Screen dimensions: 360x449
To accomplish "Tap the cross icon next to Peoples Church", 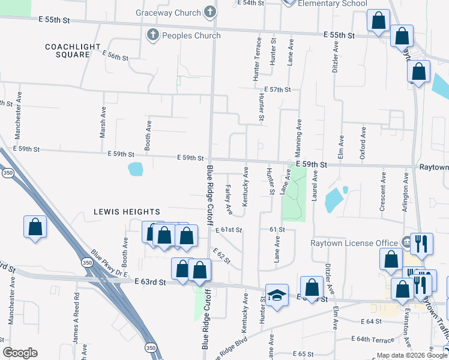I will point(151,35).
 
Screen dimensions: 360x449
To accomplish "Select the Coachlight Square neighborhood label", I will point(68,50).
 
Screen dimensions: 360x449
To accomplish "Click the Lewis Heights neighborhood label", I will point(127,212).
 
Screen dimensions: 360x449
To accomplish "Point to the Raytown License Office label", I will point(354,243).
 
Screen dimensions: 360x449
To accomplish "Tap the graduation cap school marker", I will point(276,295).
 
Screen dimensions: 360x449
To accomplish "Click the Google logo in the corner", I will point(20,353).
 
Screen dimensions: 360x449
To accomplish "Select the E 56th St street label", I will point(116,56).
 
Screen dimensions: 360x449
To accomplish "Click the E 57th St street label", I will point(277,89).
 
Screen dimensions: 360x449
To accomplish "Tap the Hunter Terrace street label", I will point(257,59).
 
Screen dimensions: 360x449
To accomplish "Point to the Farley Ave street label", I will point(229,199).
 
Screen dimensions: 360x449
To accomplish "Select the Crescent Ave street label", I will point(382,191).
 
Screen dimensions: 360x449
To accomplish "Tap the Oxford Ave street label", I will point(363,143).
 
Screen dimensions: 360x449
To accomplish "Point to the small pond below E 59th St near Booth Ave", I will point(136,169).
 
